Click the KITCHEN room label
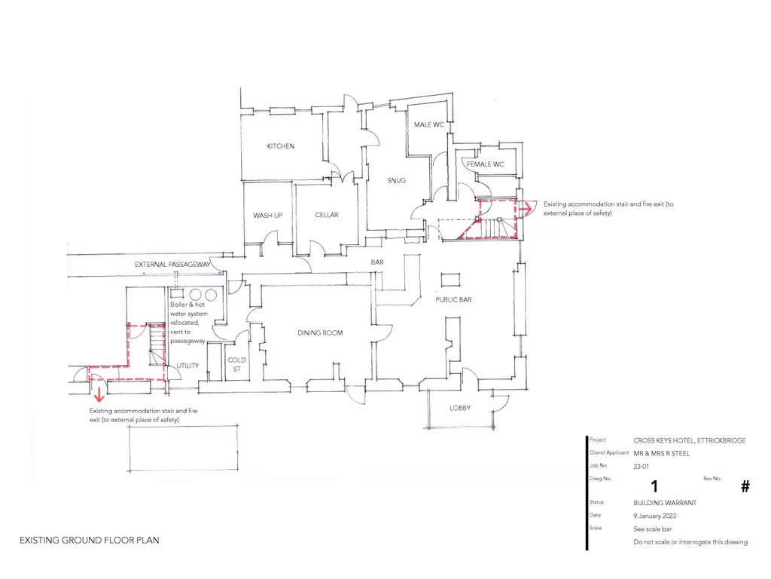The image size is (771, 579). pos(281,146)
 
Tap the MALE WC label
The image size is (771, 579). pos(428,124)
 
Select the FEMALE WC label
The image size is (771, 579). pos(485,164)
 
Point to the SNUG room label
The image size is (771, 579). pos(397,180)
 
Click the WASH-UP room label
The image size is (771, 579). pos(267,216)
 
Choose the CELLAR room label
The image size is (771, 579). pos(327,216)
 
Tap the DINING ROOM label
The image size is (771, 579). pos(320,333)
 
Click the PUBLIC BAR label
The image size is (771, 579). pos(453,300)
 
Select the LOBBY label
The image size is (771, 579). pos(460,407)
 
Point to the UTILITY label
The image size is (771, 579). pos(187,366)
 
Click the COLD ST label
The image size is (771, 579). pos(236,365)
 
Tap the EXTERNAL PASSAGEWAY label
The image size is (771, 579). pos(172,265)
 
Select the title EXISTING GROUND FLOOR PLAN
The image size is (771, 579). pos(89,541)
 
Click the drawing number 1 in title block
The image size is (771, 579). pos(654,486)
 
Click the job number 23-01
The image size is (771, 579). pos(641,467)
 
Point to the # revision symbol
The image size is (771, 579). pos(745,486)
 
